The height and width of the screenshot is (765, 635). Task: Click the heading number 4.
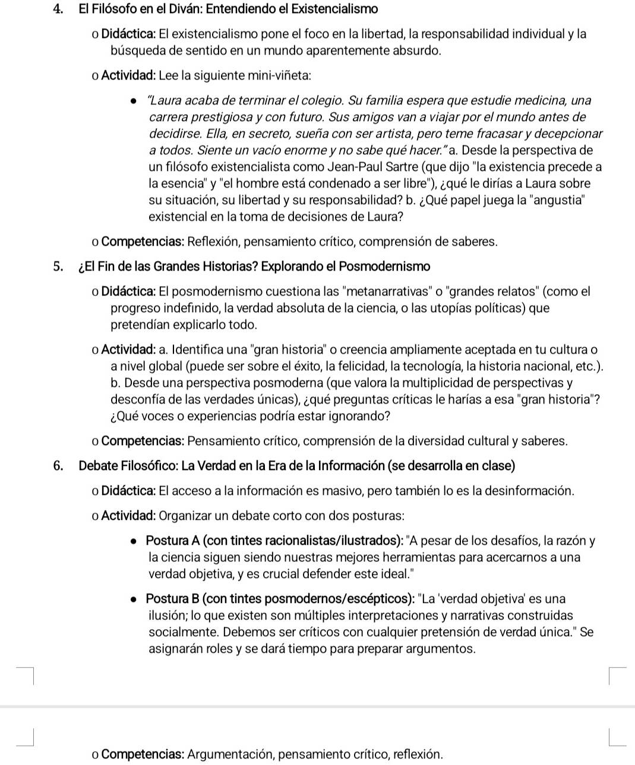(x=57, y=9)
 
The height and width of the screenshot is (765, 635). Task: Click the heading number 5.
(x=57, y=266)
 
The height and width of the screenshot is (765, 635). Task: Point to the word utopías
(x=450, y=308)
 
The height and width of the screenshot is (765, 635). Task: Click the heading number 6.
(x=57, y=466)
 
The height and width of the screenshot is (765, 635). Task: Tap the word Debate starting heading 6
(x=98, y=466)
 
